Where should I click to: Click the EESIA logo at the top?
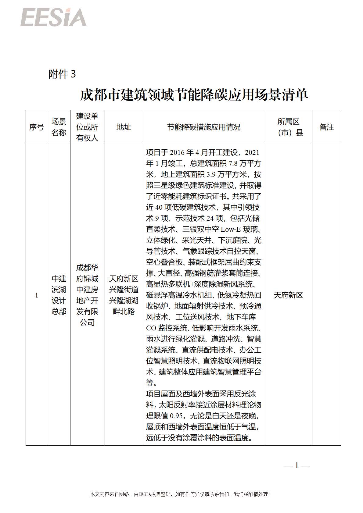click(54, 17)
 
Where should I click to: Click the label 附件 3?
click(62, 74)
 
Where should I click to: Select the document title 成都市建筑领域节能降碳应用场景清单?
click(194, 95)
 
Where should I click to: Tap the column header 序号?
click(37, 127)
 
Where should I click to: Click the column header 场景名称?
click(59, 127)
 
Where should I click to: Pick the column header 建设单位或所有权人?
click(87, 127)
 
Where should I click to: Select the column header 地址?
click(124, 127)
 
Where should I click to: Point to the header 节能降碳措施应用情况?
click(203, 127)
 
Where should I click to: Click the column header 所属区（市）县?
click(288, 127)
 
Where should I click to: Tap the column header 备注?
click(326, 127)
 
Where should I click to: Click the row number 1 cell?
click(37, 295)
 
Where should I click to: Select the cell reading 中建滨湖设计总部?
click(59, 295)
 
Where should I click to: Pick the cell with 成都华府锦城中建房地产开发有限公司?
click(87, 295)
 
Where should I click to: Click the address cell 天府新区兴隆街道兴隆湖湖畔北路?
click(124, 295)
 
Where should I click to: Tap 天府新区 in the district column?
click(288, 295)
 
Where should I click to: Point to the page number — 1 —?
click(297, 465)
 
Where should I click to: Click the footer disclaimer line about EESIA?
click(180, 494)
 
